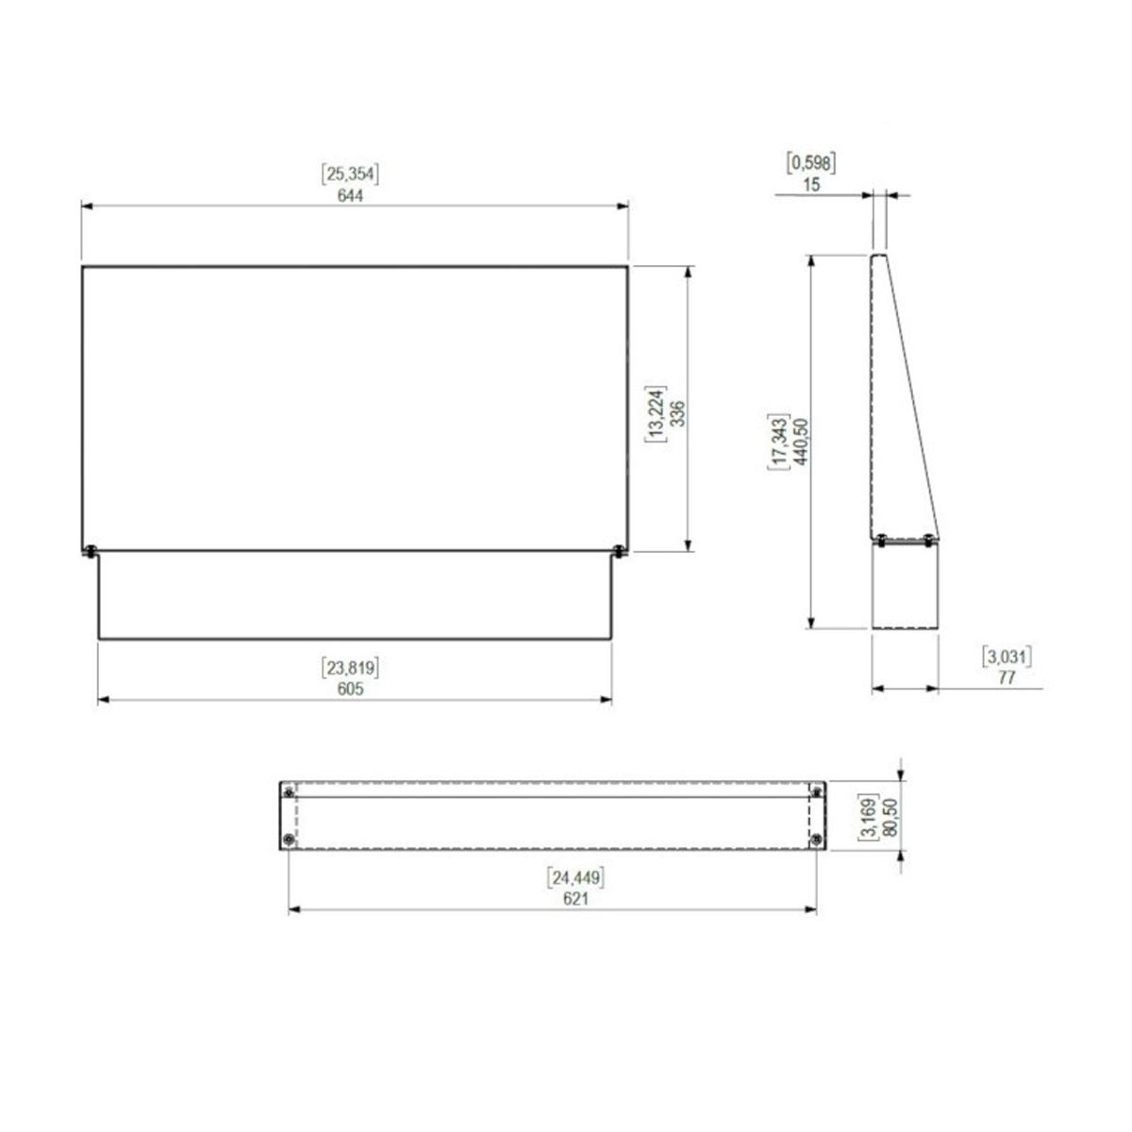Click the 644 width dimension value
[x=350, y=195]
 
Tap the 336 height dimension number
[x=677, y=413]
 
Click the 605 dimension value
[x=350, y=689]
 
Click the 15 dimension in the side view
[x=810, y=185]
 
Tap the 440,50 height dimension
[x=800, y=441]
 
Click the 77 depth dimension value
[x=1007, y=678]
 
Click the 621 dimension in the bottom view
[x=575, y=899]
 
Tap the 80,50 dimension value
[x=891, y=817]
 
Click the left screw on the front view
[x=91, y=551]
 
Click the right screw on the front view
[x=619, y=551]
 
